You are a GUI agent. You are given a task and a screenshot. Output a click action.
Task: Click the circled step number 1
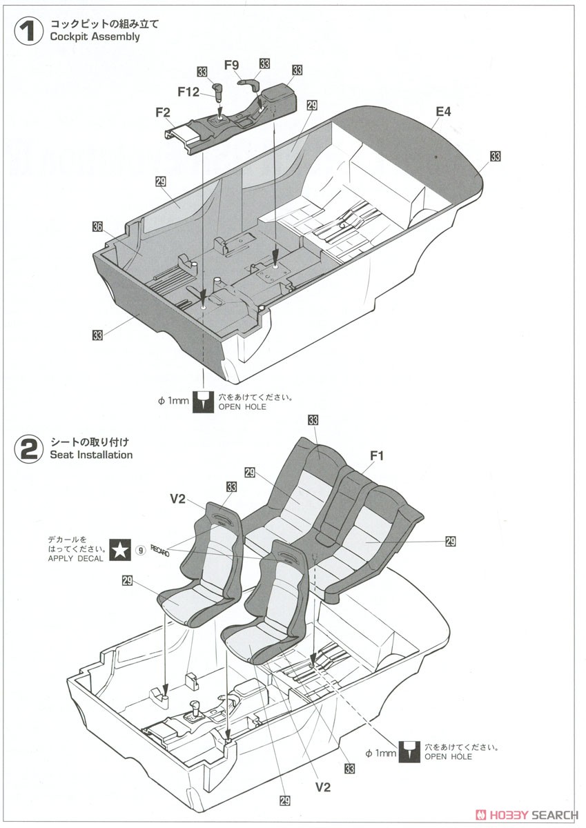29,32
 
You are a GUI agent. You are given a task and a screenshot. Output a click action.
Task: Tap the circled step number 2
29,449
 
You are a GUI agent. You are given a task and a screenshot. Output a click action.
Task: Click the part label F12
188,91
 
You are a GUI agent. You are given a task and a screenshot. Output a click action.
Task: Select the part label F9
231,65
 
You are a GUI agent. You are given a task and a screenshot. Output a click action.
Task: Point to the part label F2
163,112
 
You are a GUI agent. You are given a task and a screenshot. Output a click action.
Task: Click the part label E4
443,111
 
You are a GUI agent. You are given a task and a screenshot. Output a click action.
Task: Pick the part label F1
377,456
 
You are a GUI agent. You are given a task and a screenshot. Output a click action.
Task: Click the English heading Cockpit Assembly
95,37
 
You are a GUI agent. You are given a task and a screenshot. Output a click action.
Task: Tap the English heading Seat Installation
91,454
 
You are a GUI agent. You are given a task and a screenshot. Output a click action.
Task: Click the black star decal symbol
120,550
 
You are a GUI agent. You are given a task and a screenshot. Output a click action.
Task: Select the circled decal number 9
140,551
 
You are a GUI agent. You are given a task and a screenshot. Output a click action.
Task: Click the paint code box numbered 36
97,226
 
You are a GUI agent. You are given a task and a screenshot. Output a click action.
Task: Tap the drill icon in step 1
204,402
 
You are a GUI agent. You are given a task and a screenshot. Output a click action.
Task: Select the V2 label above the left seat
177,499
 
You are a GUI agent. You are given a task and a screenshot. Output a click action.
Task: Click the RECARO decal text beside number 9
160,551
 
